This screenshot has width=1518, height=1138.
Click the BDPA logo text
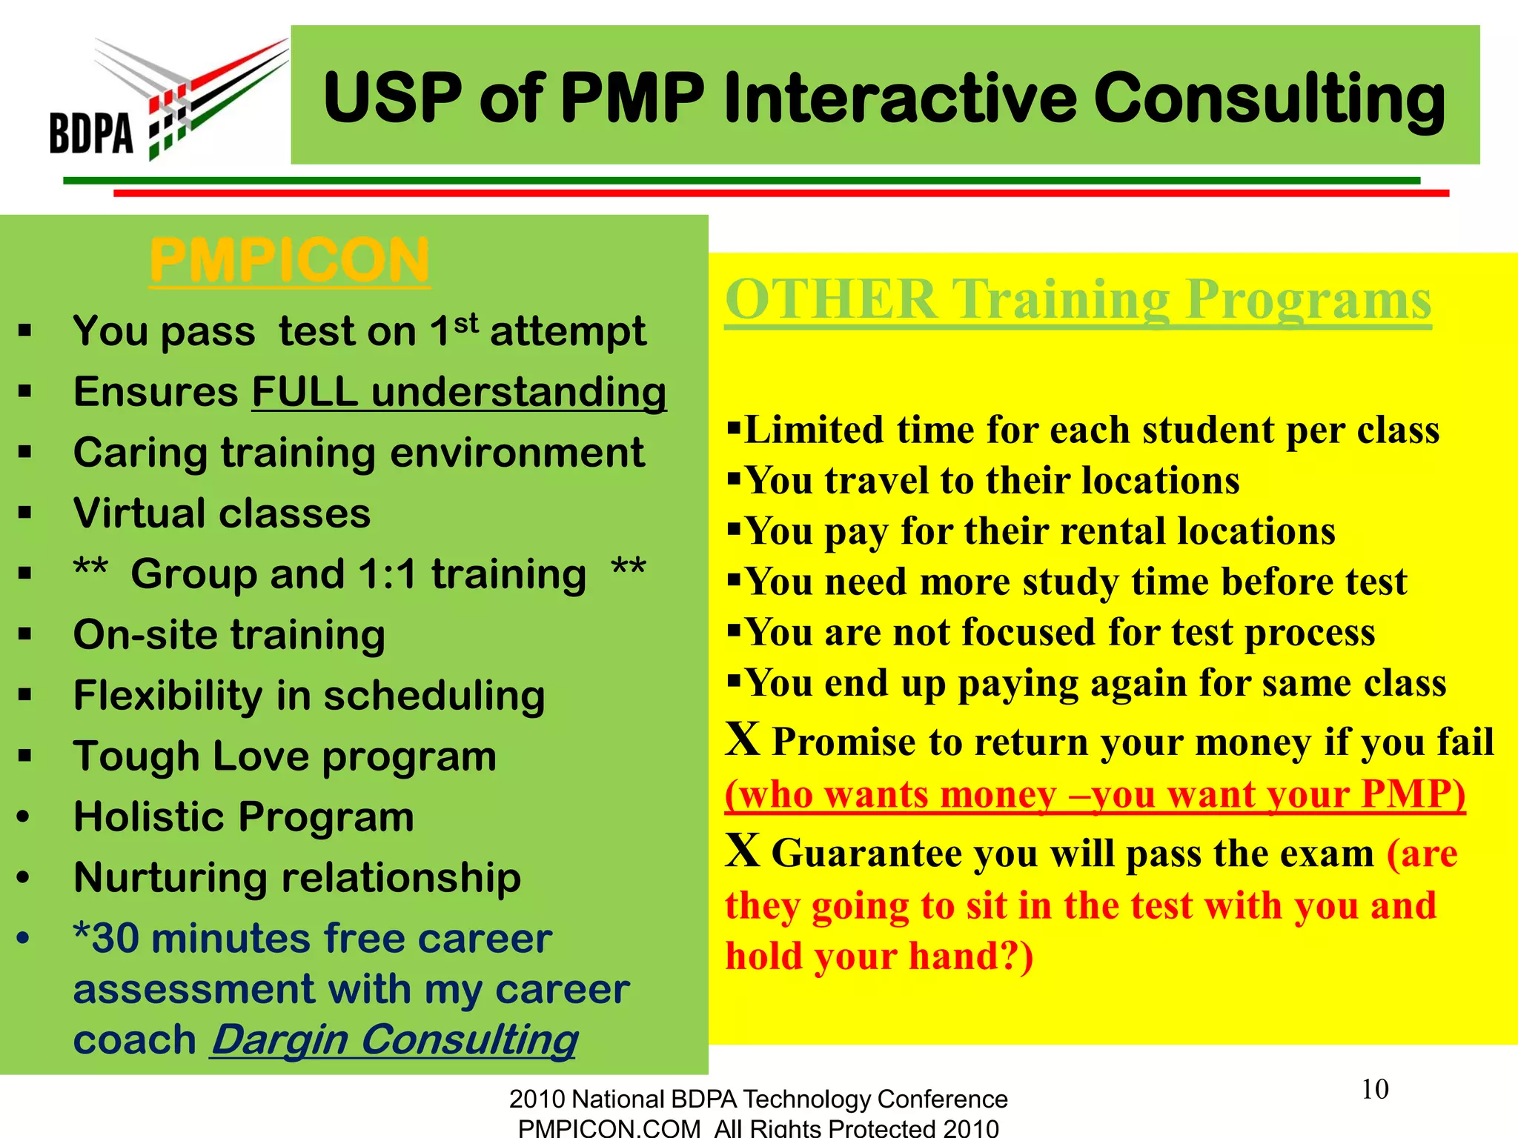pyautogui.click(x=91, y=133)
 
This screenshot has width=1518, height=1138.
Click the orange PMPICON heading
pyautogui.click(x=289, y=261)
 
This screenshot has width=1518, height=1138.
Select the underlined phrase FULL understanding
pyautogui.click(x=459, y=392)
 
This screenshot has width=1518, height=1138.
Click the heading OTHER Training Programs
pyautogui.click(x=1078, y=300)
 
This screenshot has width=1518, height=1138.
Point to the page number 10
pyautogui.click(x=1374, y=1089)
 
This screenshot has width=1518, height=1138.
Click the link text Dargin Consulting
pyautogui.click(x=394, y=1039)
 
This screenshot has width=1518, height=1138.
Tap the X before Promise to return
pyautogui.click(x=743, y=739)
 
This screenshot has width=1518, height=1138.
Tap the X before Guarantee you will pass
pyautogui.click(x=743, y=851)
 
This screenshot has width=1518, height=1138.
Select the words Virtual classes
pyautogui.click(x=222, y=513)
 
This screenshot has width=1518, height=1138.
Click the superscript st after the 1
pyautogui.click(x=466, y=323)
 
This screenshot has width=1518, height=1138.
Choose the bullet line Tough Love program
pyautogui.click(x=285, y=756)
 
